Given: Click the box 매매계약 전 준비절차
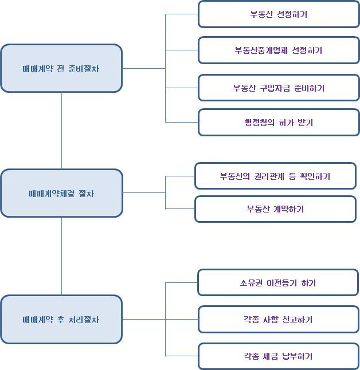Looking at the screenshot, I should [61, 68].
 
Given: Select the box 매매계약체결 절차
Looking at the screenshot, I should [61, 193].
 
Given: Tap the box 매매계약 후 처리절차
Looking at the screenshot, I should [61, 319].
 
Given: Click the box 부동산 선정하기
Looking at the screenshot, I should [279, 14].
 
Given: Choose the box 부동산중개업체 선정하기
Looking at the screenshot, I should [279, 50].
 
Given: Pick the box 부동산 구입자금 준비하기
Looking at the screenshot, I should [279, 88].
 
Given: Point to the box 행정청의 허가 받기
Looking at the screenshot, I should [279, 123].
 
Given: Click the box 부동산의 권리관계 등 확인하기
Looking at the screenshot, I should [275, 176].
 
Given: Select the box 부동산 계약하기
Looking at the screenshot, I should [275, 209].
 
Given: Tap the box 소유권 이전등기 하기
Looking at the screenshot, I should [279, 283].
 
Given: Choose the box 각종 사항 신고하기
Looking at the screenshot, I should [279, 320].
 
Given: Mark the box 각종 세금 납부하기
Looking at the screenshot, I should [279, 356].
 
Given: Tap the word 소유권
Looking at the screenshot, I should [252, 283].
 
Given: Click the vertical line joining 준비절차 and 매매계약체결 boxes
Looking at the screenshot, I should [61, 131].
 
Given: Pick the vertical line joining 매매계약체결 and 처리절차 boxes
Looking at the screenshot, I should [61, 256].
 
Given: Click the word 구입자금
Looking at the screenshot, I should [278, 88].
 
